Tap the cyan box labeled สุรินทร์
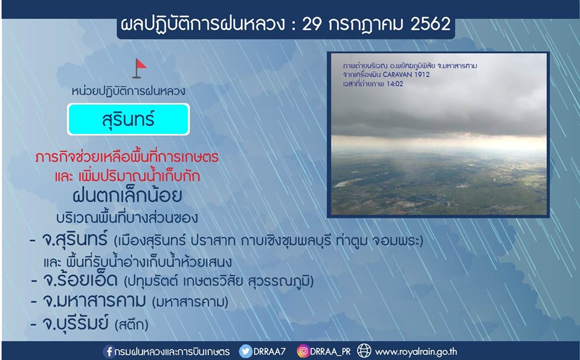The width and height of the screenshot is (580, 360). click(x=128, y=119)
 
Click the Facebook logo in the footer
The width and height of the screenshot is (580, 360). click(x=109, y=351)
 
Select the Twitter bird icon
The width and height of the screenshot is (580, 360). click(x=246, y=351)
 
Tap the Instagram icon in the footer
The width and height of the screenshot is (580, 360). click(x=303, y=351)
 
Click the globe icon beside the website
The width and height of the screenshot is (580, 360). click(x=364, y=351)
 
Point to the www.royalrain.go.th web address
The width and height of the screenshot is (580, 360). click(x=416, y=351)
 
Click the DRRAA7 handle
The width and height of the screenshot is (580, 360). click(x=269, y=351)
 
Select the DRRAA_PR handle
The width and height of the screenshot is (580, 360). click(x=330, y=352)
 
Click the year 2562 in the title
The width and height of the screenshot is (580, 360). click(x=430, y=24)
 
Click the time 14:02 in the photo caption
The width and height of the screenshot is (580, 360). click(x=395, y=84)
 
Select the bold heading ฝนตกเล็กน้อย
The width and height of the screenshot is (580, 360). click(x=127, y=195)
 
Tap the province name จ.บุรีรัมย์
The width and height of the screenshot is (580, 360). click(x=75, y=323)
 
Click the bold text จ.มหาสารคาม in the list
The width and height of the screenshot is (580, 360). click(x=94, y=301)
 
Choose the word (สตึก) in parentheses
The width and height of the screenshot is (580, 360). click(x=132, y=324)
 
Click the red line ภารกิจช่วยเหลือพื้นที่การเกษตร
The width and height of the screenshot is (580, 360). click(x=127, y=157)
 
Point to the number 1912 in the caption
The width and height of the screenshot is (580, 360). click(x=422, y=75)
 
